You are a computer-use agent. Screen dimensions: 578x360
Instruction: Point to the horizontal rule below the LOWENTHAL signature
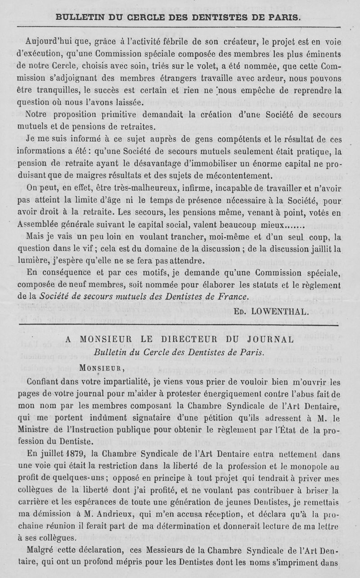pyautogui.click(x=180, y=324)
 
